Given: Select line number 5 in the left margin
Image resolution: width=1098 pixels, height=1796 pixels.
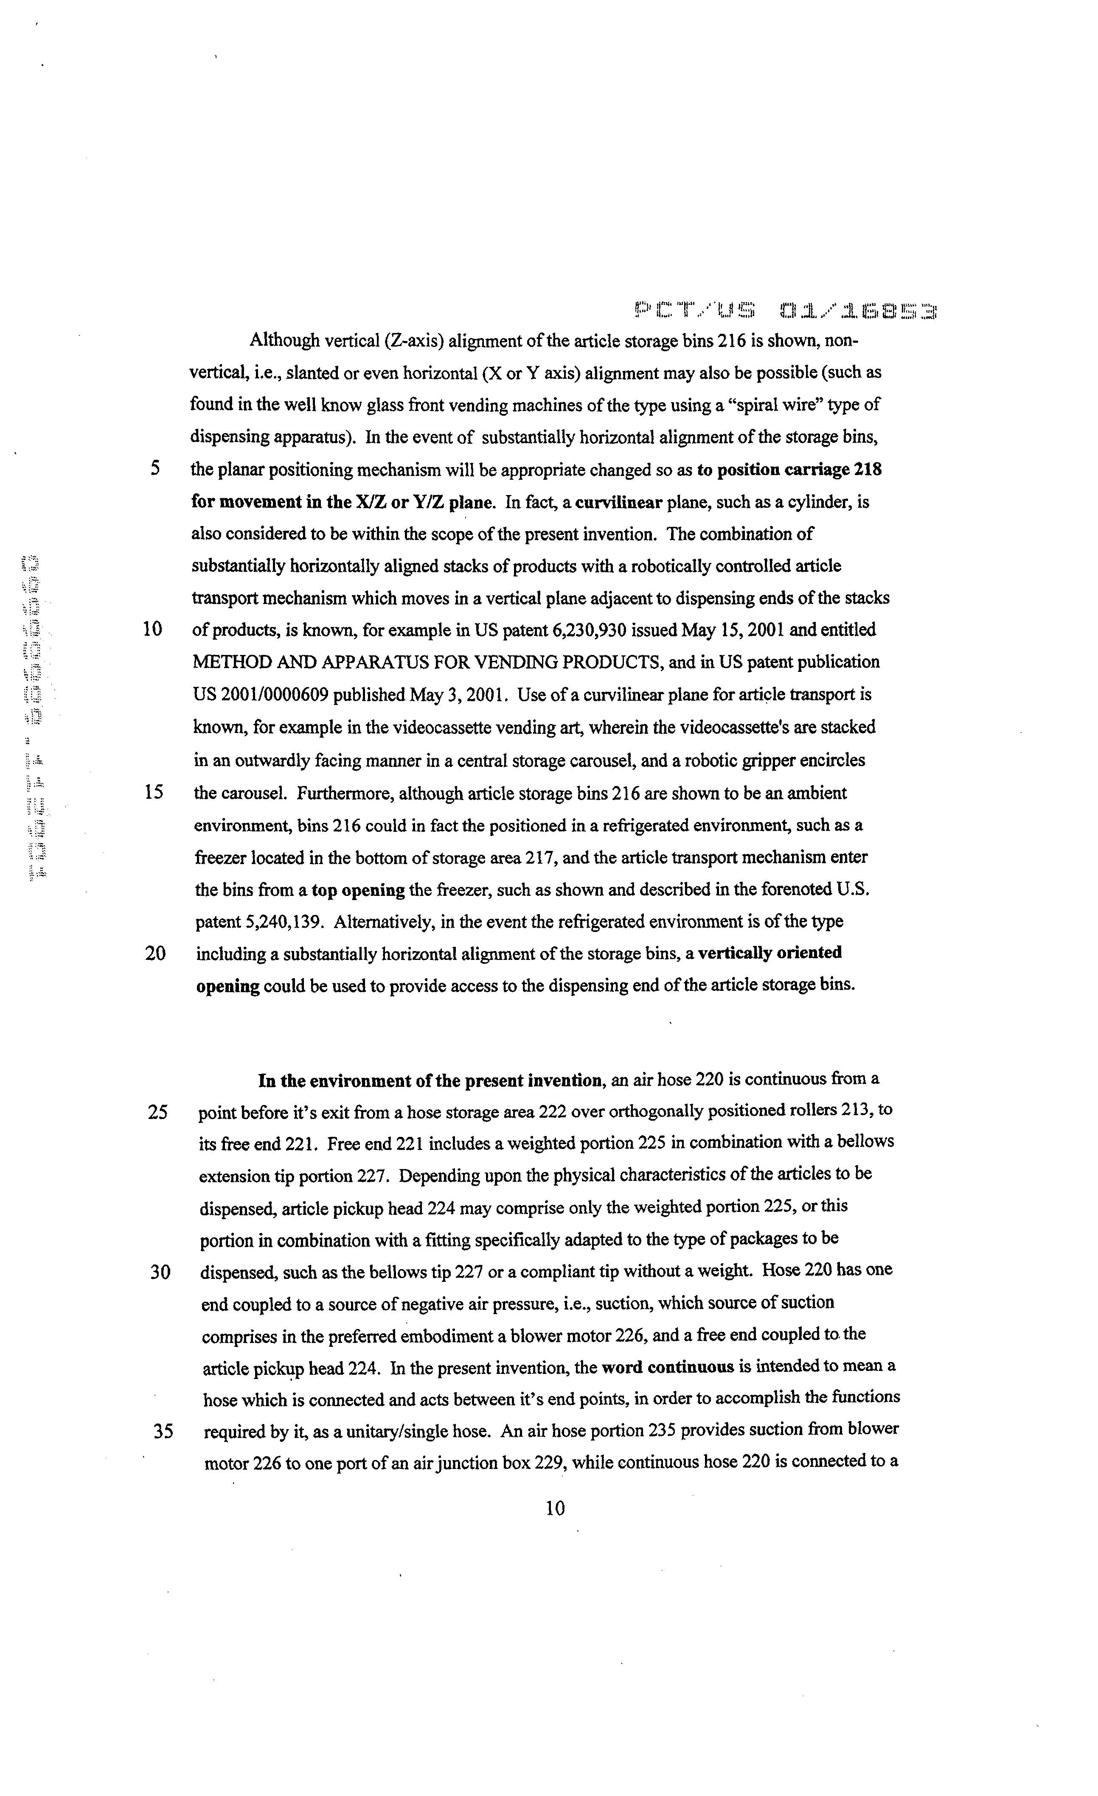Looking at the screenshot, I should click(x=155, y=469).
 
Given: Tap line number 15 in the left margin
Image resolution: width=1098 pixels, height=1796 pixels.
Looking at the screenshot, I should click(x=153, y=792).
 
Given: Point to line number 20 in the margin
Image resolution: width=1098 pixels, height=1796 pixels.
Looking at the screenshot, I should click(x=155, y=954).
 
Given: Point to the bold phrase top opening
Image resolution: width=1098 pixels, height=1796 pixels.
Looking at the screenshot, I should click(x=358, y=890).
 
